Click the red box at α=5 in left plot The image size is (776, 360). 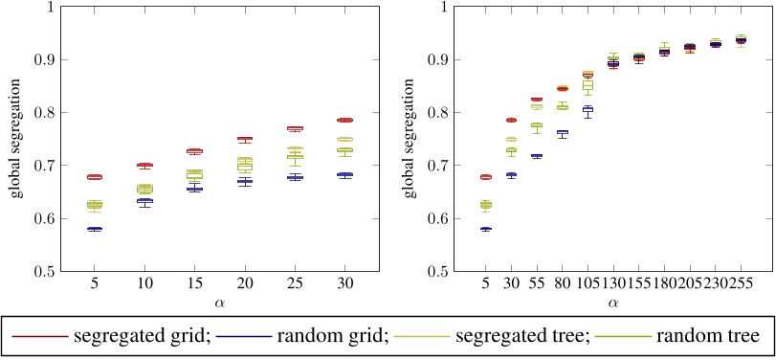95,177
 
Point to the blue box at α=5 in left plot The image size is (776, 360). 95,229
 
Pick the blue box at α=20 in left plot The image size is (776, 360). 244,181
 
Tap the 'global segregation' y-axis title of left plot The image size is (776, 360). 16,139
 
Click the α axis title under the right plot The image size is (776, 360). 612,304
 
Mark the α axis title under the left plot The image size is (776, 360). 219,304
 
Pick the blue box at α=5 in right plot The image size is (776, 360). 486,229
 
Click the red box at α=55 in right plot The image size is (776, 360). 537,99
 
